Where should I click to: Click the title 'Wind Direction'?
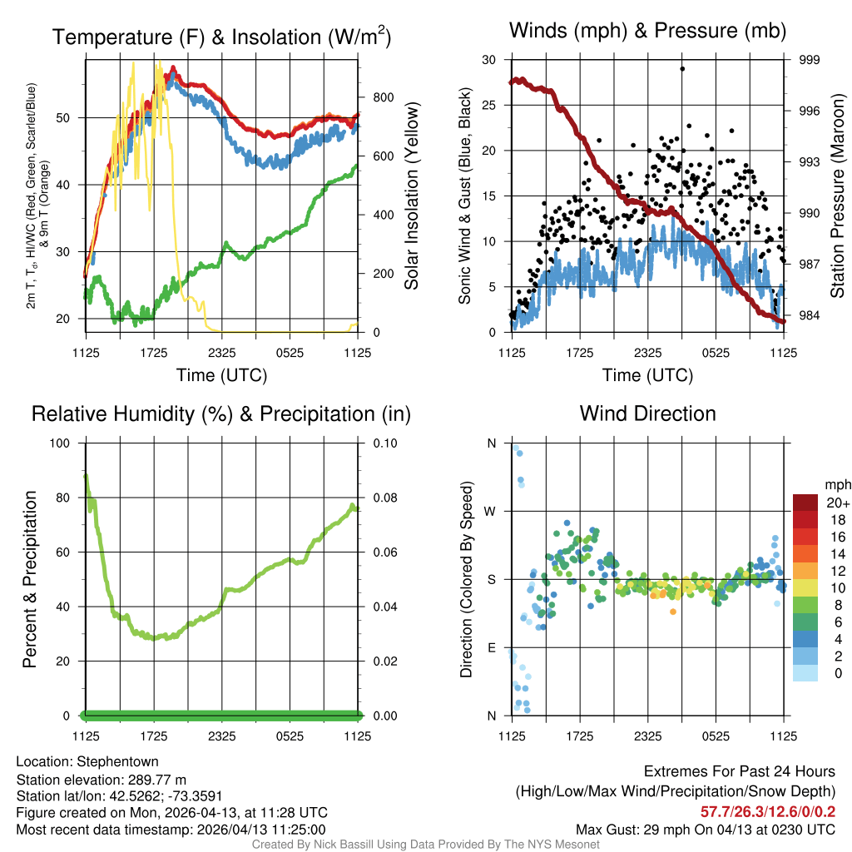647,414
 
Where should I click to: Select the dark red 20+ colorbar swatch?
807,503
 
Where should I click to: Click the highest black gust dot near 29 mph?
682,69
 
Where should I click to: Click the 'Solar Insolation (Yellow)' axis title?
411,196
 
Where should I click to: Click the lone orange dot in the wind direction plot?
672,612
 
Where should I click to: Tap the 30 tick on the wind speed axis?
488,60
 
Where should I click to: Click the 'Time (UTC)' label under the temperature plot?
221,375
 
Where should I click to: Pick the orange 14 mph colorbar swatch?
807,552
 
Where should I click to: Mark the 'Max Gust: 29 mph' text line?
706,830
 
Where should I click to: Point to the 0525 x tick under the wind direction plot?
716,736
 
